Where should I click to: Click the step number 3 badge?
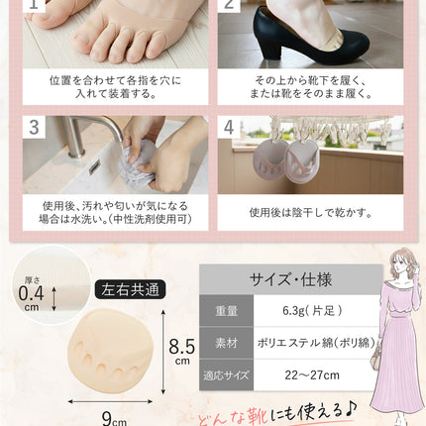34,127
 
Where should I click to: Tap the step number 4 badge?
229,127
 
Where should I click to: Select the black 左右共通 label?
130,289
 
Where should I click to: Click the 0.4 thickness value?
31,293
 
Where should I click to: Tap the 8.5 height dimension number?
181,347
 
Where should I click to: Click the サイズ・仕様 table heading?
290,279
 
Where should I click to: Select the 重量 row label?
227,311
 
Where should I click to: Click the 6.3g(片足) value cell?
312,311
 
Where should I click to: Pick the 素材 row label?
227,343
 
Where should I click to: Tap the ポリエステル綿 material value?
316,343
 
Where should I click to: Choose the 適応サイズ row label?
226,375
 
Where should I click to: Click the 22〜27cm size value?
312,375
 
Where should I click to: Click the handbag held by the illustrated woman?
377,355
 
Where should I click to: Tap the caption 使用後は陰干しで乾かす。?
310,212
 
